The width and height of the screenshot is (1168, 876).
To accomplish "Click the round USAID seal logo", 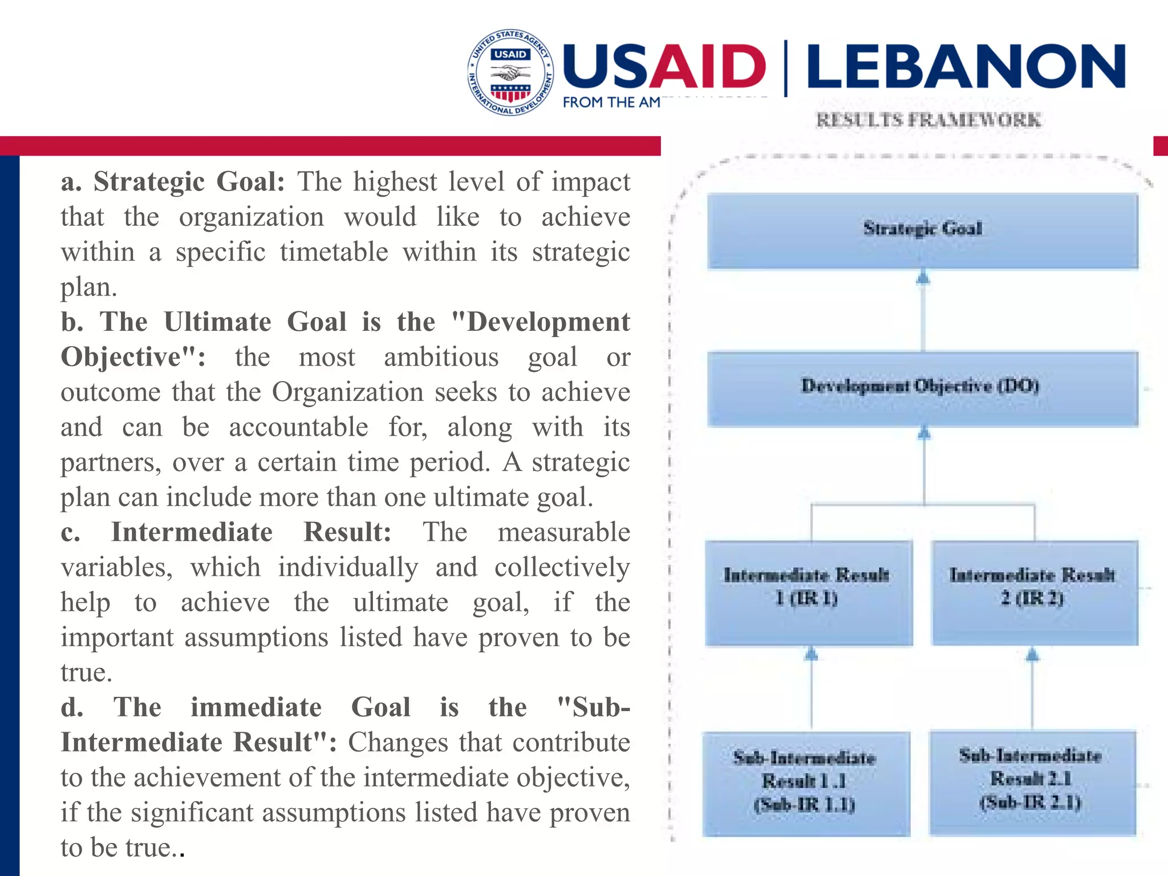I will [x=510, y=72].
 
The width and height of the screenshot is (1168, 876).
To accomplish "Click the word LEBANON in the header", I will [x=966, y=67].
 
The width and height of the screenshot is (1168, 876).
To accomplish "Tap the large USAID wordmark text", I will [x=664, y=67].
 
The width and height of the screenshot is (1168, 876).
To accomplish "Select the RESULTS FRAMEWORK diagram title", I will [x=928, y=120].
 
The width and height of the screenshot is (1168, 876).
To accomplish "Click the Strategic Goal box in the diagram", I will [x=922, y=230].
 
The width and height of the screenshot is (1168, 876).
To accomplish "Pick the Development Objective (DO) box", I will [x=922, y=388].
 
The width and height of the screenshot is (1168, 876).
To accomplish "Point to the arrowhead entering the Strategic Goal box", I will [x=923, y=278].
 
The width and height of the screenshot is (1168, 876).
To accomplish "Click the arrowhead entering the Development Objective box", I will [x=924, y=435].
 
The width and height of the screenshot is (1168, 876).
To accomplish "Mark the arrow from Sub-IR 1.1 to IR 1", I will [x=812, y=690].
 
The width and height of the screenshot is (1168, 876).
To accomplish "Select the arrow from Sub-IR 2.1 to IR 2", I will [x=1032, y=690].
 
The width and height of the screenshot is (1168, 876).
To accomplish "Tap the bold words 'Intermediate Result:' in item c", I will [x=251, y=532].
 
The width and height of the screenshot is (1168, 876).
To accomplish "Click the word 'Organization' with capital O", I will [x=347, y=392].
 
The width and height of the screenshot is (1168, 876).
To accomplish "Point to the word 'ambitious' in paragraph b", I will [x=441, y=358].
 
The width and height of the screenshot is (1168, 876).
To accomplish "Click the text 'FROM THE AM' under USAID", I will [x=611, y=103].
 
